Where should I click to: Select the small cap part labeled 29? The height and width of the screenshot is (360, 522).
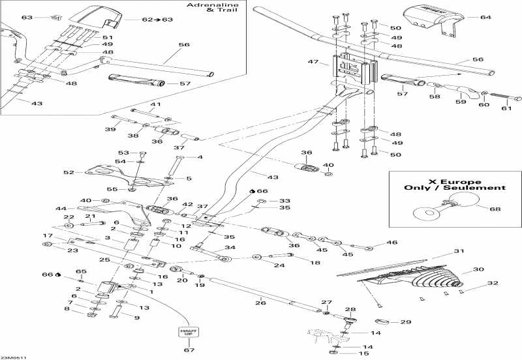[385, 321]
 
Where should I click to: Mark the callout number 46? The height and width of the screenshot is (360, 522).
[392, 243]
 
